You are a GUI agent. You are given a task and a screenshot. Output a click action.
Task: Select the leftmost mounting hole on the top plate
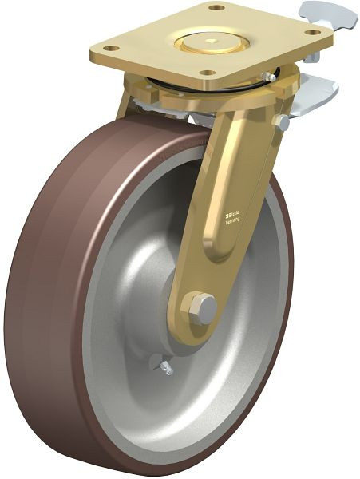click(112, 49)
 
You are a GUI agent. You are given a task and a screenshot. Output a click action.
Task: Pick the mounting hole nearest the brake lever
click(314, 32)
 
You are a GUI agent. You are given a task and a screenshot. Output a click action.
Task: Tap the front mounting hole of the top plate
click(210, 73)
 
